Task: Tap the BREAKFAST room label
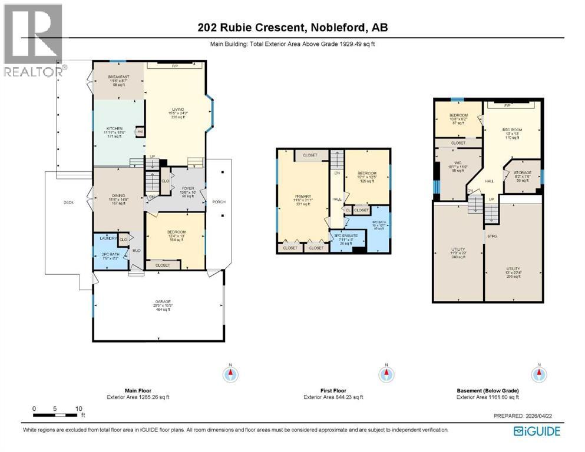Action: pos(118,78)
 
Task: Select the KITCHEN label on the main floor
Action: pos(113,128)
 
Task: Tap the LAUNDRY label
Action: pos(108,238)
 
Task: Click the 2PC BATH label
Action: pos(110,254)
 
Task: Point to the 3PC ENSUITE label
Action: pos(345,237)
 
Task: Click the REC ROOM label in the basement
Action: pos(510,129)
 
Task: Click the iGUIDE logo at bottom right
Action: pos(537,431)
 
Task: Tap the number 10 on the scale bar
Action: pos(78,408)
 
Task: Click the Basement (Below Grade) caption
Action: pos(488,391)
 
